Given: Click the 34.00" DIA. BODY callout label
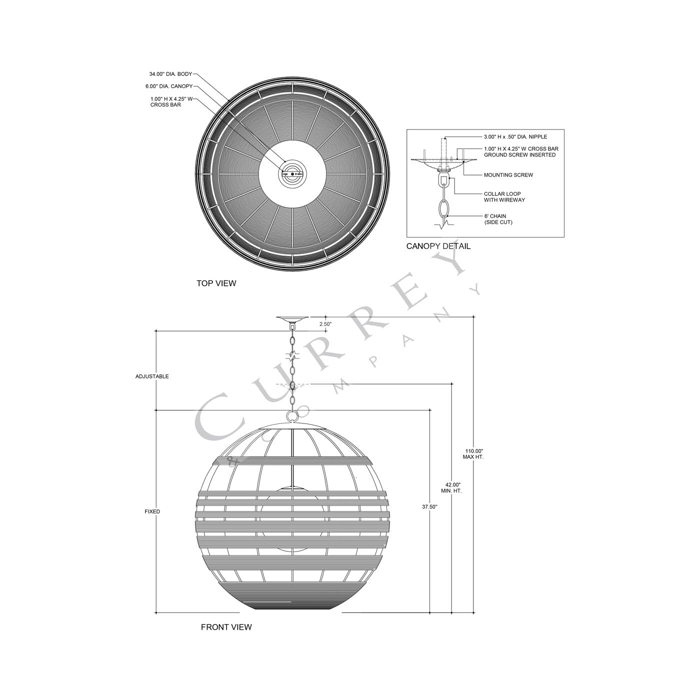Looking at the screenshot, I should pos(170,73).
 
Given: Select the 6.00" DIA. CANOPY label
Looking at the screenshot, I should pos(169,86).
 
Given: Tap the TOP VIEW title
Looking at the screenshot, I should pos(216,283).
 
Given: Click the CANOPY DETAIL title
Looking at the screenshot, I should pos(438,246).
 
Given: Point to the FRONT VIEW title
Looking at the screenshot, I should pos(226,627).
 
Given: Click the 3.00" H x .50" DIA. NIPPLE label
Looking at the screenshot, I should pos(515,136).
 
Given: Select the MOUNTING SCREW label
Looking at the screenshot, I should pos(508,175).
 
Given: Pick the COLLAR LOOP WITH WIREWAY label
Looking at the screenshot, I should pos(504,197).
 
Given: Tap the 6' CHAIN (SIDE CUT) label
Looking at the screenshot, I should pos(498,219).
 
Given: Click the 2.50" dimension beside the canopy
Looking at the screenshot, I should pos(325,324).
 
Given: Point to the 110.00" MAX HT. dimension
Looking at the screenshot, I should pos(473,454).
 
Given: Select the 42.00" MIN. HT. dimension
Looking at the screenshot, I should pos(452,488).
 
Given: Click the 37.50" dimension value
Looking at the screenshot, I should pos(429,506).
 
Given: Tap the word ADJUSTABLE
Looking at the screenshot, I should pos(152,376).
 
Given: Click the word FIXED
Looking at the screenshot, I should pos(152,511).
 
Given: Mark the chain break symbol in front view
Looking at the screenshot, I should pos(291,356).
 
